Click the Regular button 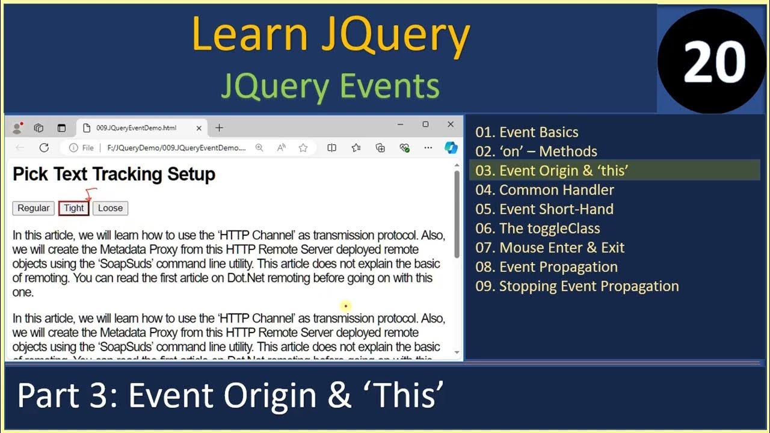[x=33, y=208]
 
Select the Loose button [x=110, y=208]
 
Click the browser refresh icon [x=44, y=148]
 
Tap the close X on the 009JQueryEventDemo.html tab [x=199, y=128]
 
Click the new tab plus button [x=219, y=127]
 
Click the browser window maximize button [x=425, y=124]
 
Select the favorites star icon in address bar [x=303, y=148]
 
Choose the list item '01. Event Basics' [x=526, y=132]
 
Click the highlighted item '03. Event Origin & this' [x=552, y=171]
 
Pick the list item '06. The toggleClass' [x=537, y=229]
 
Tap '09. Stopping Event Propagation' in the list [x=576, y=286]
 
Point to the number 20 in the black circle [x=714, y=63]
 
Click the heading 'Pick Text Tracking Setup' [x=114, y=174]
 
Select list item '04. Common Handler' [x=544, y=190]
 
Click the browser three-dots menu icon [x=428, y=148]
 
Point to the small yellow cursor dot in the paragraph [x=345, y=306]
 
